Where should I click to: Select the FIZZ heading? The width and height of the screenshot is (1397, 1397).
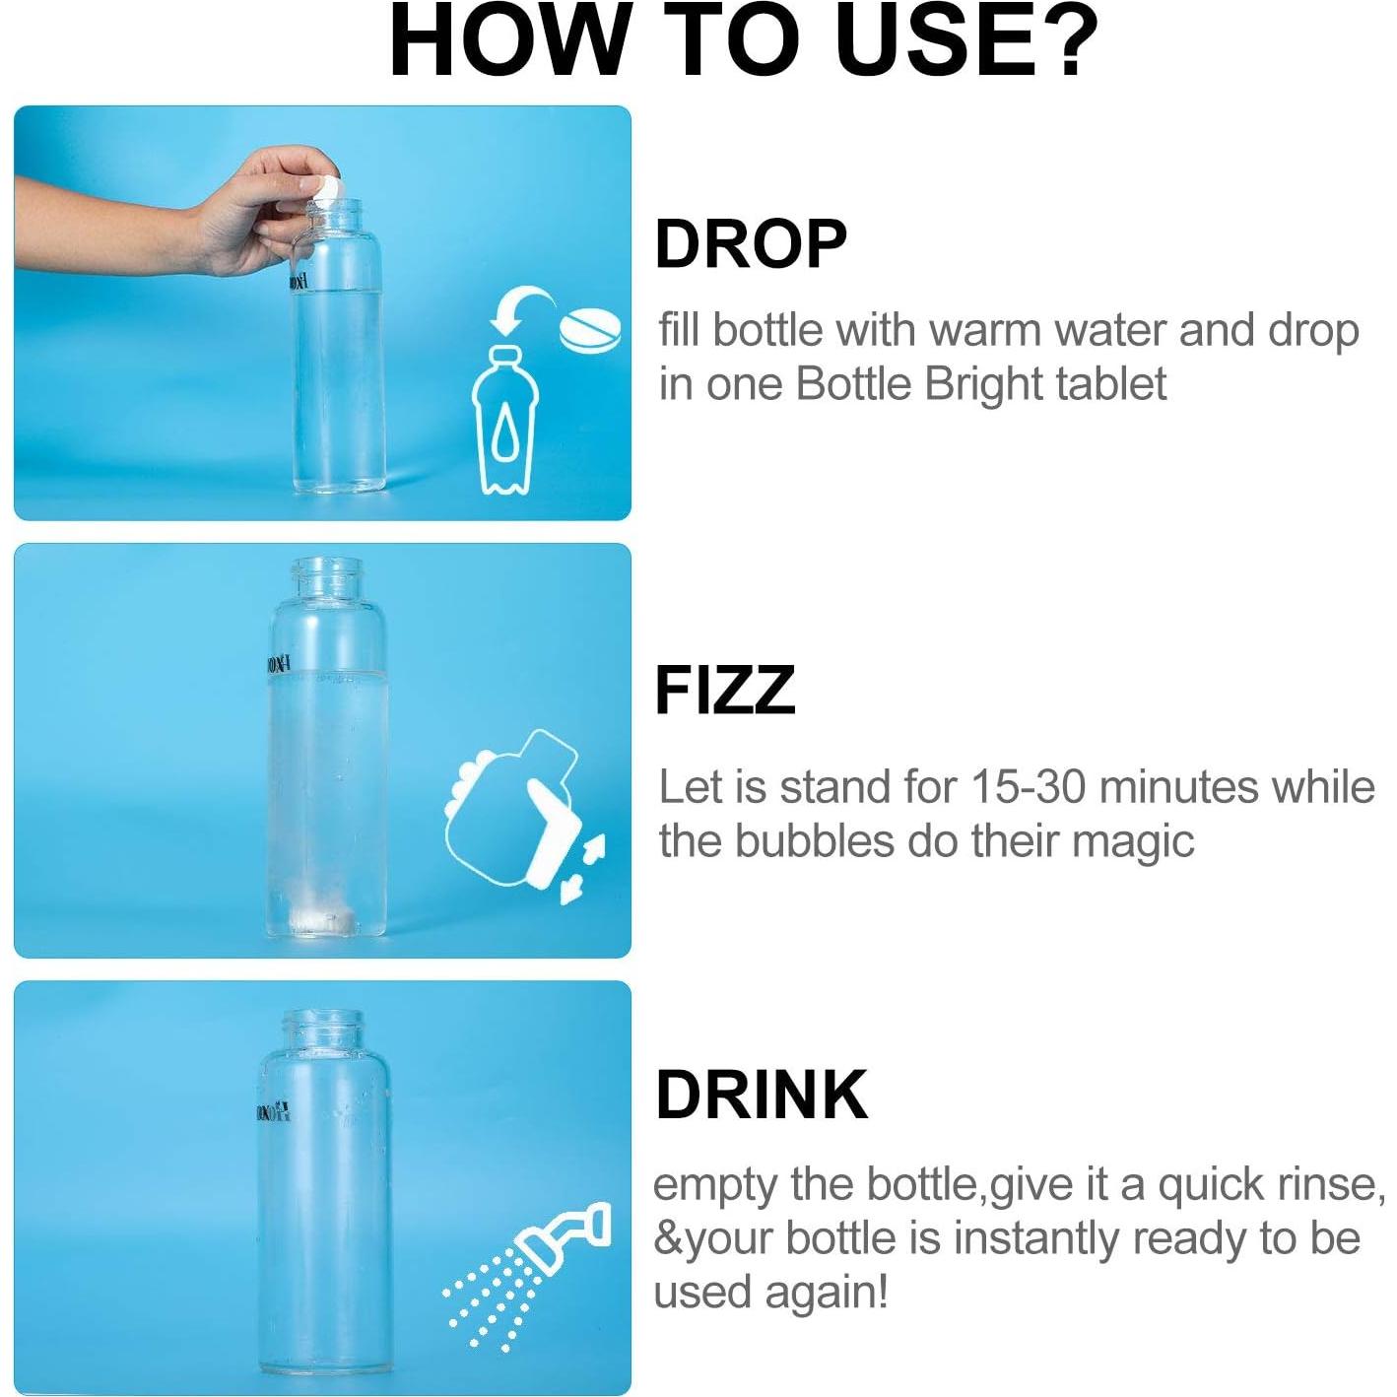(725, 691)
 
